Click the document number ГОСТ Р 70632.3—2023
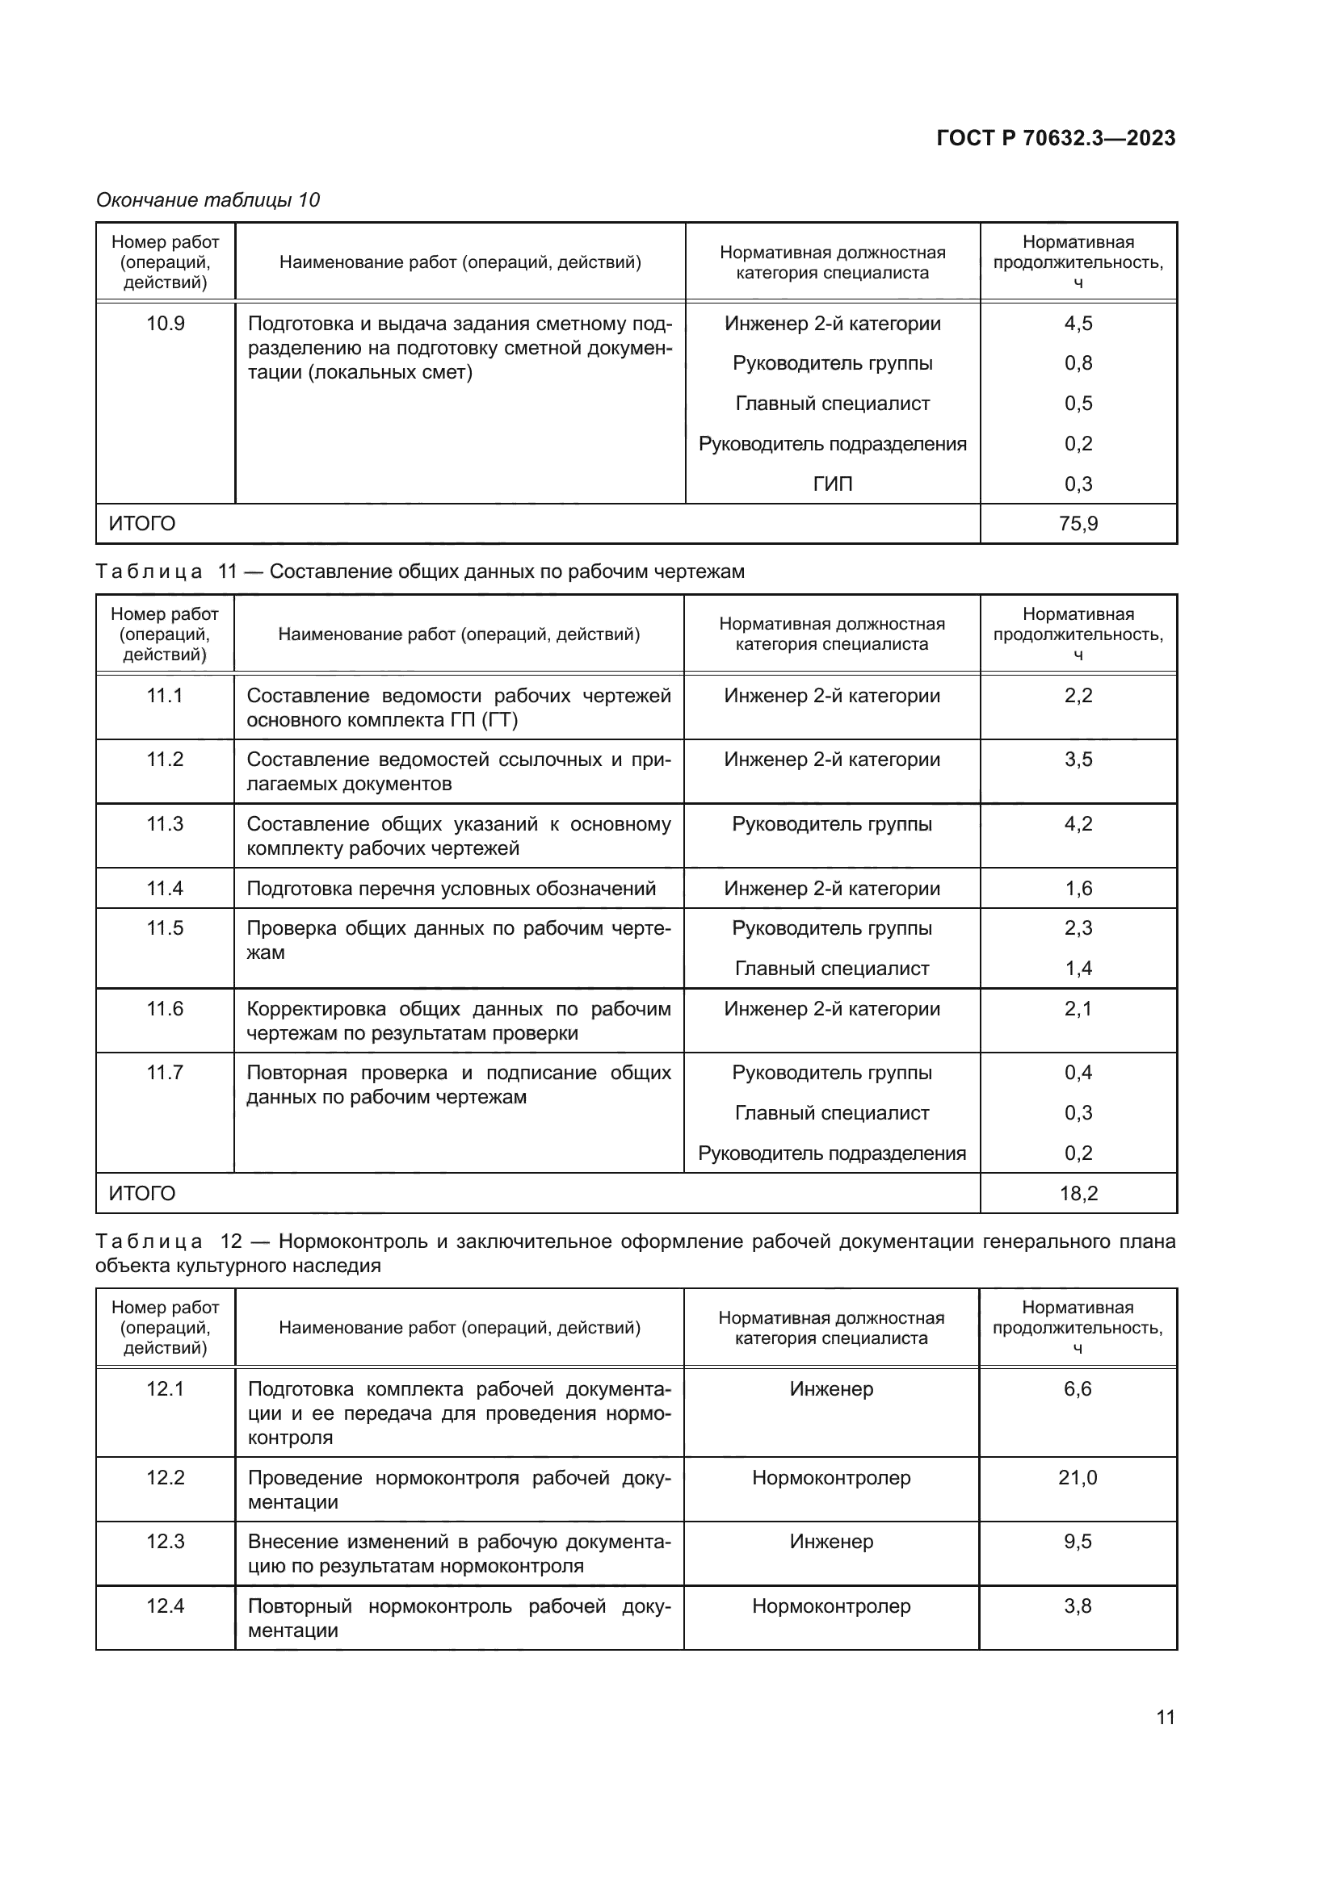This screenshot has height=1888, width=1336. pos(1056,138)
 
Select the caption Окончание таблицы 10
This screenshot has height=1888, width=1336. pos(208,200)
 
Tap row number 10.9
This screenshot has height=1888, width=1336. pos(166,324)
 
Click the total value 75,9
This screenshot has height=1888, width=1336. pos(1078,524)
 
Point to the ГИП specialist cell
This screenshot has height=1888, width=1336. pos(832,484)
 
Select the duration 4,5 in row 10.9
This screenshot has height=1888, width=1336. pos(1078,324)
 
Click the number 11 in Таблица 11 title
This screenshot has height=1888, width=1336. pos(227,571)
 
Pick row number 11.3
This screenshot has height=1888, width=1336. pos(165,824)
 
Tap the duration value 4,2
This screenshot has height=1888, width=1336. pos(1078,824)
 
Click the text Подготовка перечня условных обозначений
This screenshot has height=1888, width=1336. pos(451,889)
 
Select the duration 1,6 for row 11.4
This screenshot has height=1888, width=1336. pos(1078,889)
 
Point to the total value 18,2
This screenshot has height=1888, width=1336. pos(1078,1193)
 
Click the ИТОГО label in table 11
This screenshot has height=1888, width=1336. pos(141,1193)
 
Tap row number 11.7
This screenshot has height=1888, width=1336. pos(165,1073)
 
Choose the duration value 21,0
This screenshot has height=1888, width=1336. pos(1078,1478)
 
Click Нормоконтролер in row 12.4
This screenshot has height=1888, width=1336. pos(831,1606)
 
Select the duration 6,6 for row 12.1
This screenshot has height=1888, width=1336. pos(1078,1389)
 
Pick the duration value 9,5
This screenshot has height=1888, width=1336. pos(1078,1542)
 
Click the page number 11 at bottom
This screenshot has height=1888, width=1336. pos(1165,1718)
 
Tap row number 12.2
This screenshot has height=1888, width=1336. pos(166,1478)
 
